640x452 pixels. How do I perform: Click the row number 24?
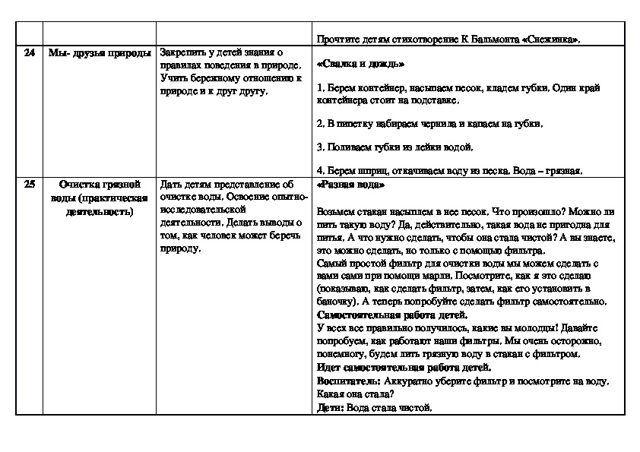[30, 52]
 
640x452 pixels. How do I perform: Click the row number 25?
[30, 184]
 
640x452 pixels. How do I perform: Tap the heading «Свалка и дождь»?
[360, 64]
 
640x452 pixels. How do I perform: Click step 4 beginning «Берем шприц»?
[448, 171]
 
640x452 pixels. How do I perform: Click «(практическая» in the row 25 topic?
[117, 198]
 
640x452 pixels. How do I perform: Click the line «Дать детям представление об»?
[227, 184]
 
